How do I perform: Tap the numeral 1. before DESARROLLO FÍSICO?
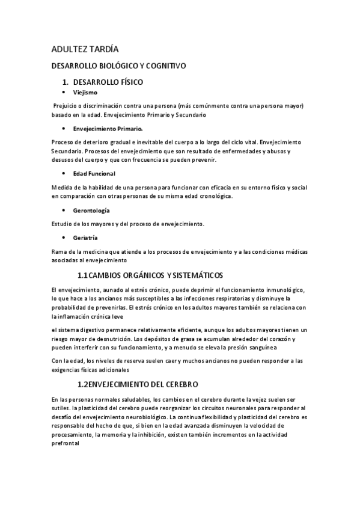click(x=67, y=82)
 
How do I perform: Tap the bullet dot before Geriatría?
click(x=64, y=238)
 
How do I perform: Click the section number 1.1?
click(x=84, y=275)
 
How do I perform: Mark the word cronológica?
click(x=214, y=197)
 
